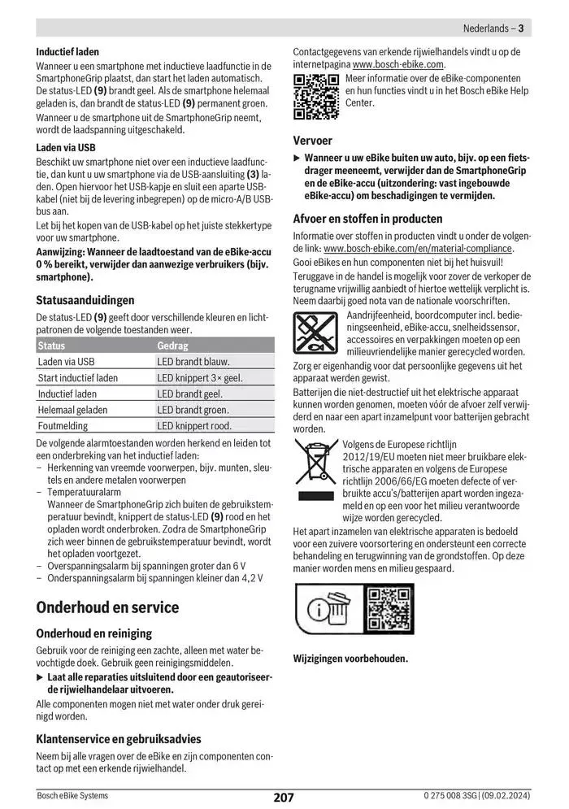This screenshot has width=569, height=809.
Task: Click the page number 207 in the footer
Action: pos(284,798)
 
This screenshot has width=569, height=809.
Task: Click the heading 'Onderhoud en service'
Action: pos(108,607)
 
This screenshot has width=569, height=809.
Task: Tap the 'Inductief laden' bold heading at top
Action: pos(67,52)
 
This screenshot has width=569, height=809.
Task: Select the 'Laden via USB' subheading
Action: pos(66,148)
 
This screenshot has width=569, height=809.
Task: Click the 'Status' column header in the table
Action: pos(52,346)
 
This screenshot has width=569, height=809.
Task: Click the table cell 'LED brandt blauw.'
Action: pos(193,362)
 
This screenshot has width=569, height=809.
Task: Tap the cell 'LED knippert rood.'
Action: pos(194,425)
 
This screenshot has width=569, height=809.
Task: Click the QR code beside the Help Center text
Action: pos(315,97)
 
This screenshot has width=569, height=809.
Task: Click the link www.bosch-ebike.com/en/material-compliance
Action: pos(418,248)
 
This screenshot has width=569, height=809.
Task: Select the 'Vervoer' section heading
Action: pos(313,141)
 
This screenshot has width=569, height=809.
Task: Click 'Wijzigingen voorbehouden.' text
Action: pos(350,659)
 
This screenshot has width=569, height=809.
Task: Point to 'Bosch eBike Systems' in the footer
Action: pos(72,795)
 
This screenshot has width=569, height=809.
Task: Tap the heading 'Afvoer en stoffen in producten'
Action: pos(367,219)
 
